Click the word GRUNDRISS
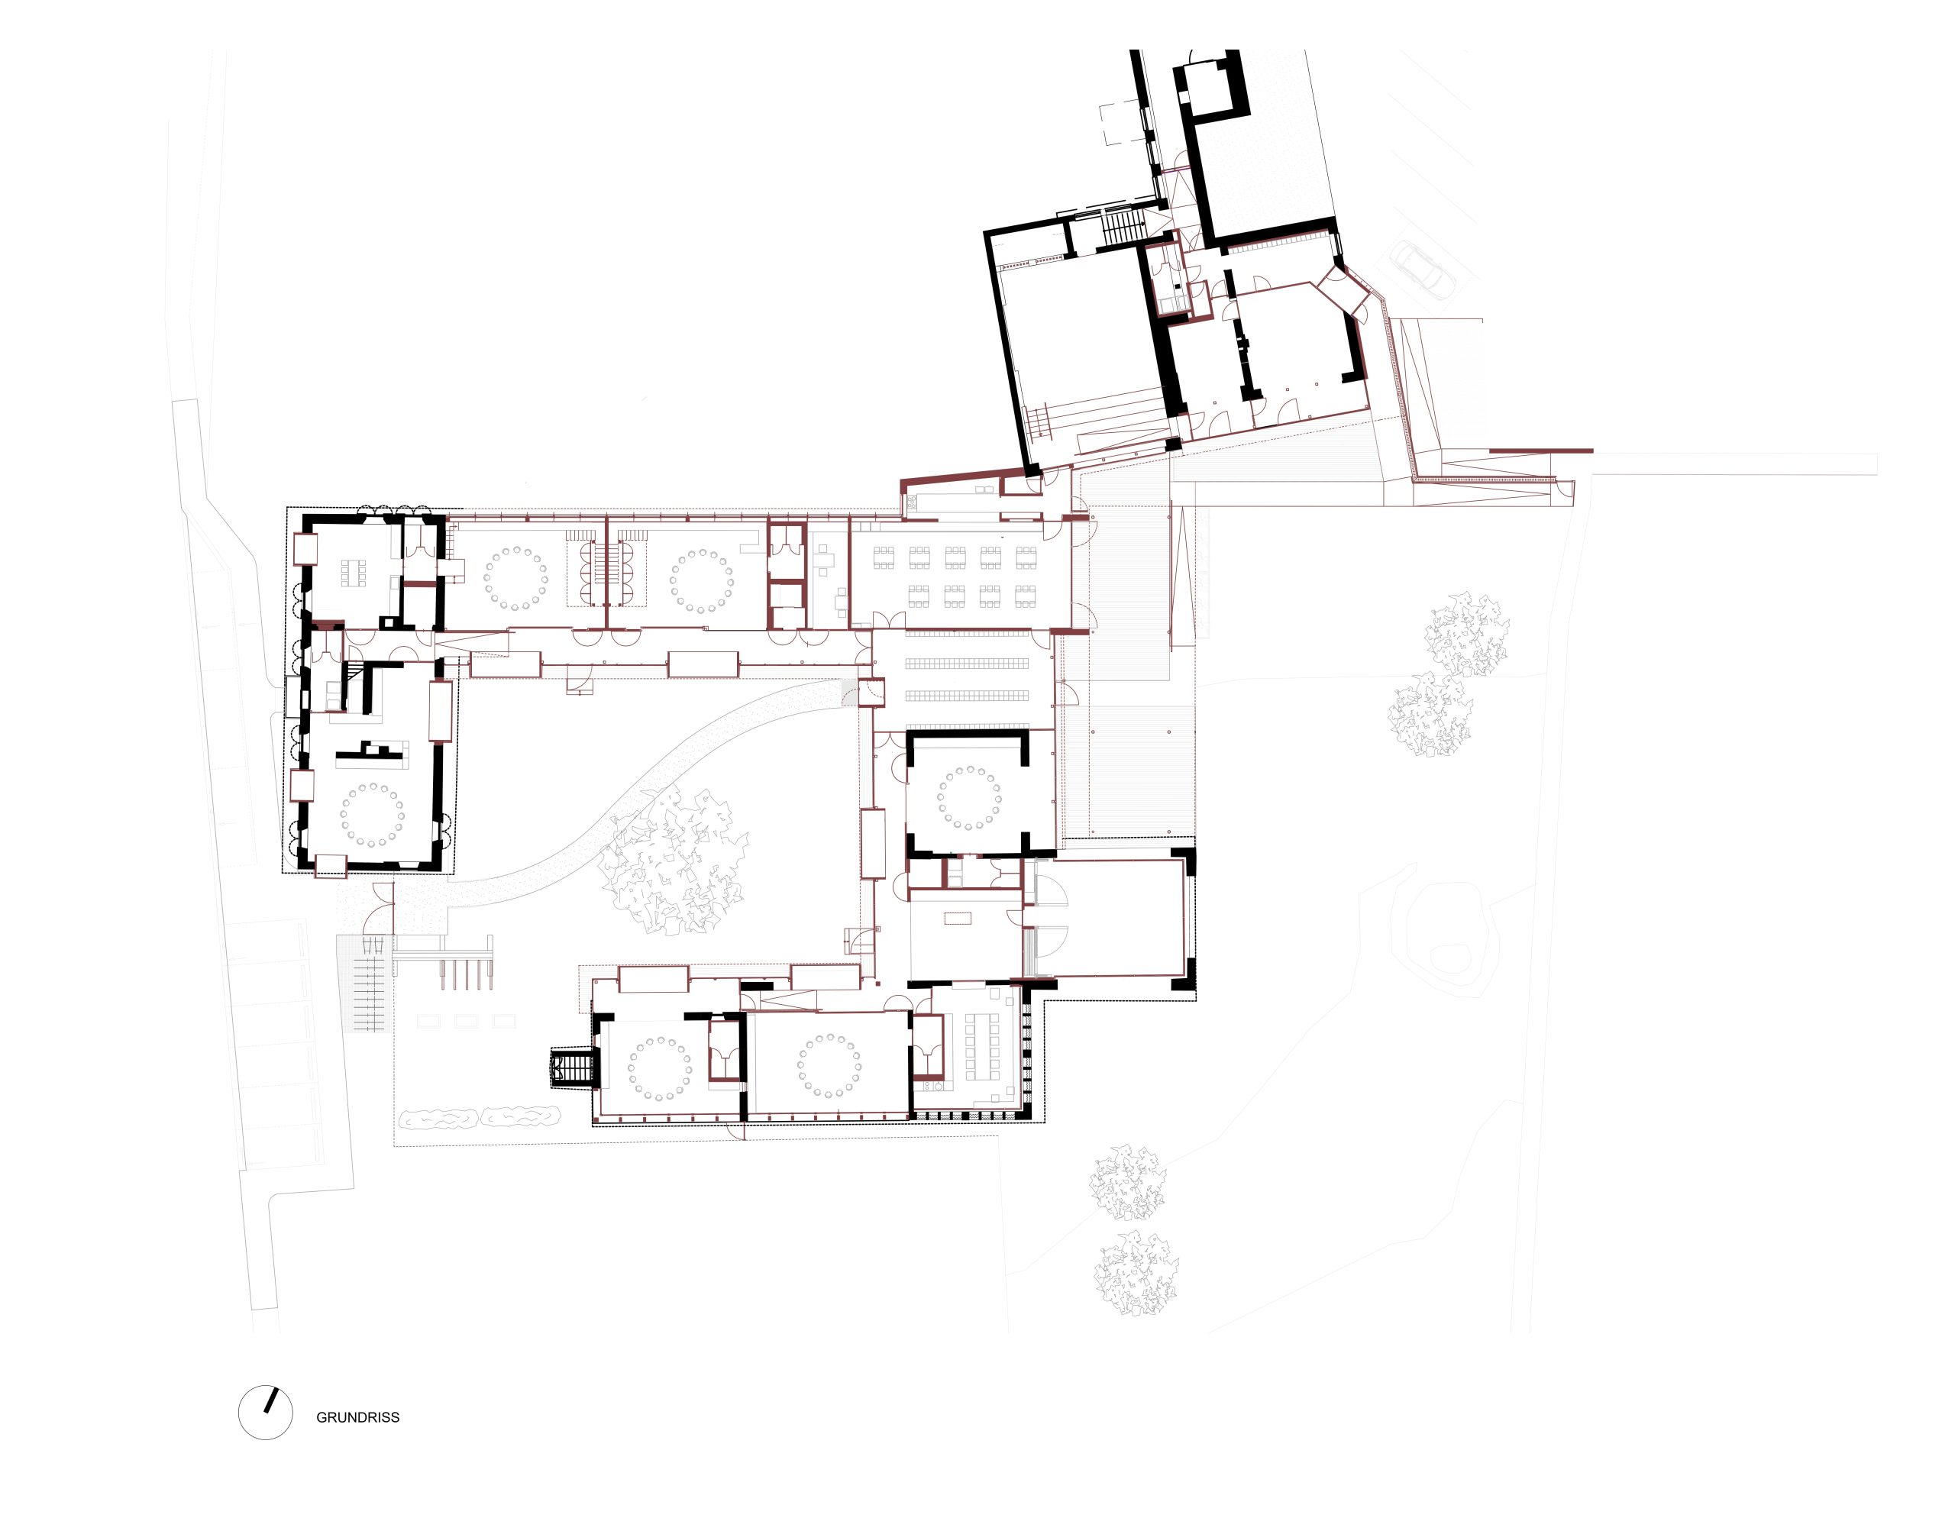[x=357, y=1417]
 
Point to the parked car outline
[x=1423, y=269]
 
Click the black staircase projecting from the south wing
[x=571, y=1068]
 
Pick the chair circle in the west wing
[x=372, y=815]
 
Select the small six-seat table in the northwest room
[x=352, y=573]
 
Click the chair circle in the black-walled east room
[x=968, y=797]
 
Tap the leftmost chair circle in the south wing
[x=661, y=1068]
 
